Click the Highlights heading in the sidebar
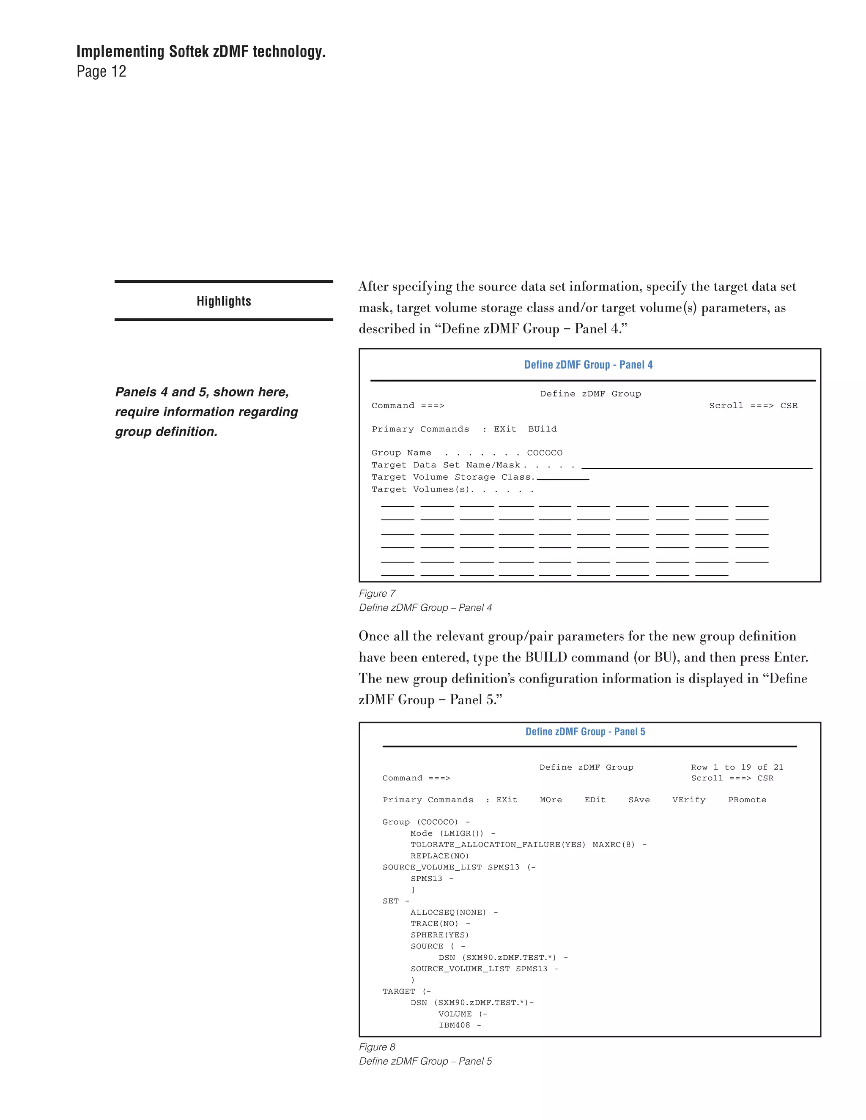pos(224,301)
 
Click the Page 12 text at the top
pos(101,71)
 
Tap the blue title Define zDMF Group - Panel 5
pos(585,731)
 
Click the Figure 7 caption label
pos(377,593)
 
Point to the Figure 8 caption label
pos(377,1046)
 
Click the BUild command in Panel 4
pos(542,429)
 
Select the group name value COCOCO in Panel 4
pos(544,453)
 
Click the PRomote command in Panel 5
pos(747,800)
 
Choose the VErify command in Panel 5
pos(688,800)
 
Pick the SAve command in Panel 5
pos(639,800)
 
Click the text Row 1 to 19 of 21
pos(737,767)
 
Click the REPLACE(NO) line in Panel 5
pos(440,856)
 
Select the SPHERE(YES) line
pos(440,935)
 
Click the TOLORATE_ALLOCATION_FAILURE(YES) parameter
pos(498,844)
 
